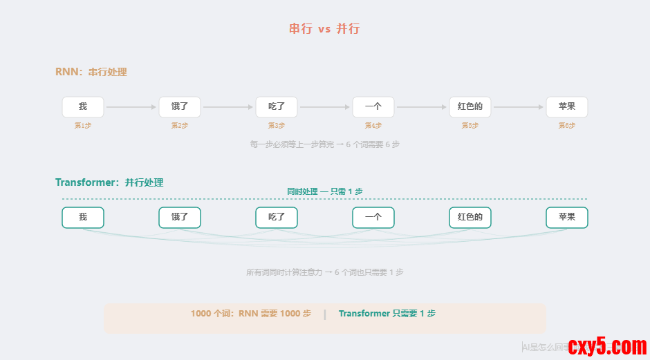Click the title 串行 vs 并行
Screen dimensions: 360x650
pyautogui.click(x=324, y=29)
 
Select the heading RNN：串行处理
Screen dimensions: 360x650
pyautogui.click(x=91, y=72)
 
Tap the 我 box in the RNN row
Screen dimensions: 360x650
pyautogui.click(x=83, y=107)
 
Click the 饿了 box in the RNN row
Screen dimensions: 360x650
pyautogui.click(x=180, y=107)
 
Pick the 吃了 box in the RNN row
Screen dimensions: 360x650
pyautogui.click(x=277, y=107)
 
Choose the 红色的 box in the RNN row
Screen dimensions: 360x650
pyautogui.click(x=470, y=107)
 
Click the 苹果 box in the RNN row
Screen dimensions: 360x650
pyautogui.click(x=567, y=107)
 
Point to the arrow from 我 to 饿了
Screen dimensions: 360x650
pyautogui.click(x=131, y=107)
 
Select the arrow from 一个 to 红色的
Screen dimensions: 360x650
pyautogui.click(x=422, y=107)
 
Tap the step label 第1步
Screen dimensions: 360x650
pyautogui.click(x=83, y=126)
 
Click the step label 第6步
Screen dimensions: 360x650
pyautogui.click(x=567, y=126)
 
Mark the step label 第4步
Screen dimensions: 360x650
pyautogui.click(x=373, y=126)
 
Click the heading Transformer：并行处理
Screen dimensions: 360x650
pyautogui.click(x=109, y=182)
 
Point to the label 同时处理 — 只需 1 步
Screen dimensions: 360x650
pyautogui.click(x=324, y=191)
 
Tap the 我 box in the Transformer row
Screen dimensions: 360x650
pyautogui.click(x=83, y=217)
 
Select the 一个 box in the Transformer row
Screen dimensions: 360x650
pyautogui.click(x=373, y=217)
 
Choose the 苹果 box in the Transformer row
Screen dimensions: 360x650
pyautogui.click(x=567, y=217)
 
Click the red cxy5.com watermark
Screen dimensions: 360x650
pyautogui.click(x=606, y=345)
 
